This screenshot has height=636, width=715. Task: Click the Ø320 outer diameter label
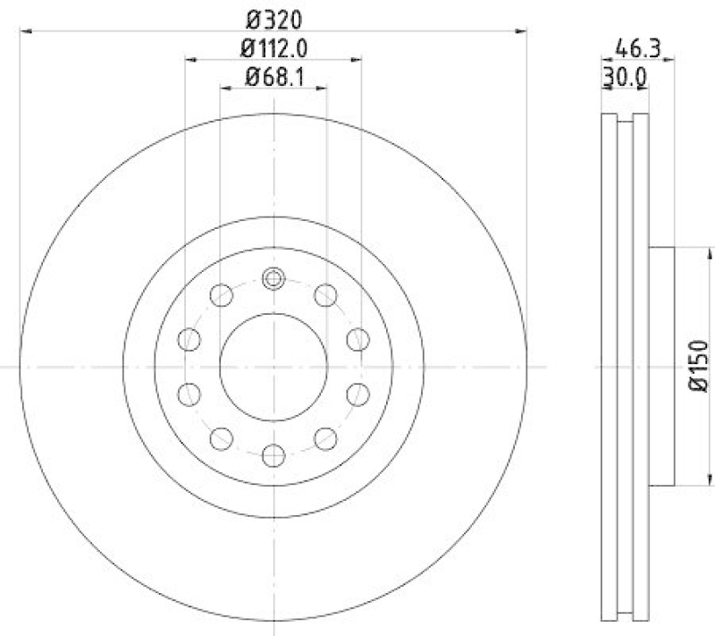273,17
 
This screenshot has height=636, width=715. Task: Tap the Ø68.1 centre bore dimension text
273,78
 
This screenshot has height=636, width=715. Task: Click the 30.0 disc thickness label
625,78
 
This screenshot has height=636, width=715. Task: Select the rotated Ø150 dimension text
698,367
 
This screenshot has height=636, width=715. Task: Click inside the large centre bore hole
273,368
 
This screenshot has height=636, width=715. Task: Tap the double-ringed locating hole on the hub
273,279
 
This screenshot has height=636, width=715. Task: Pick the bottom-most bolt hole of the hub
273,456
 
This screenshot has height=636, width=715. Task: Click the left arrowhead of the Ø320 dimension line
25,31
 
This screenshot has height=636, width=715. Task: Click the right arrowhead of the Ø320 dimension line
522,31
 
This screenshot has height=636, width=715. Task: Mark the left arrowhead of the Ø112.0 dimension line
190,61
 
